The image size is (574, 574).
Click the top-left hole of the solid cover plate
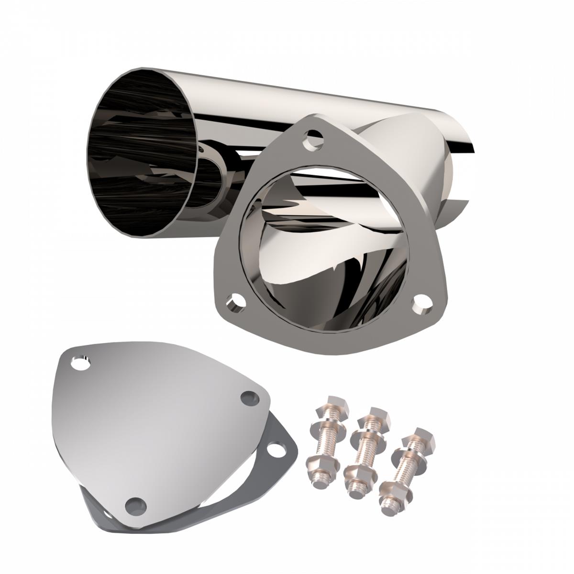81,363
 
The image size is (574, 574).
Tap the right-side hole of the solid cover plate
248,398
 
